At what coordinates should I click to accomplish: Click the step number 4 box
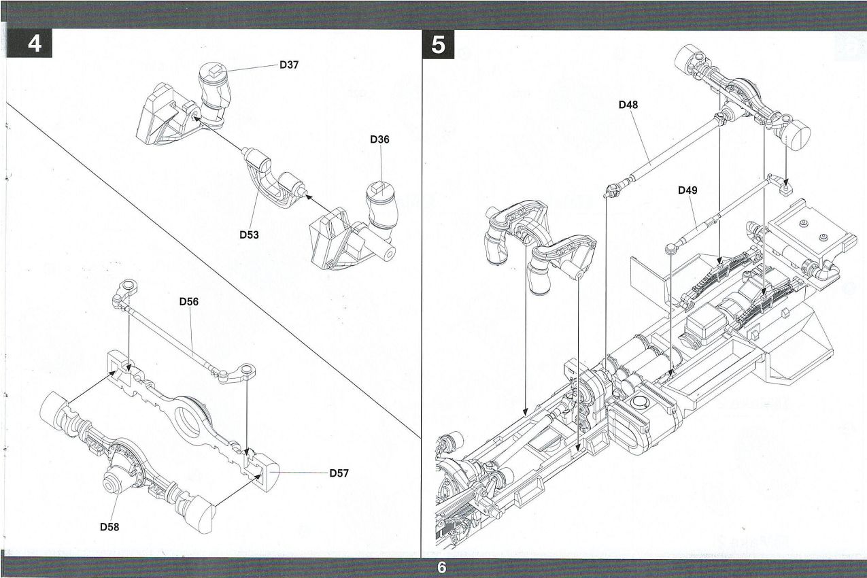pyautogui.click(x=34, y=43)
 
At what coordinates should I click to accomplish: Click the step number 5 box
pyautogui.click(x=439, y=44)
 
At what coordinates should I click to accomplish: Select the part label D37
pyautogui.click(x=289, y=65)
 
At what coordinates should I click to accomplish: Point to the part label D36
pyautogui.click(x=379, y=139)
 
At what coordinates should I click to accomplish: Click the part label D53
pyautogui.click(x=249, y=235)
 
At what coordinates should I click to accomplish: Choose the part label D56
pyautogui.click(x=189, y=301)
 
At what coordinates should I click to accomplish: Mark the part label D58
pyautogui.click(x=109, y=526)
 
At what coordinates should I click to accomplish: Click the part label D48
pyautogui.click(x=628, y=105)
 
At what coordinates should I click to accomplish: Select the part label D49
pyautogui.click(x=687, y=190)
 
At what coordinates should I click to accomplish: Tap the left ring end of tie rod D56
pyautogui.click(x=126, y=286)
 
